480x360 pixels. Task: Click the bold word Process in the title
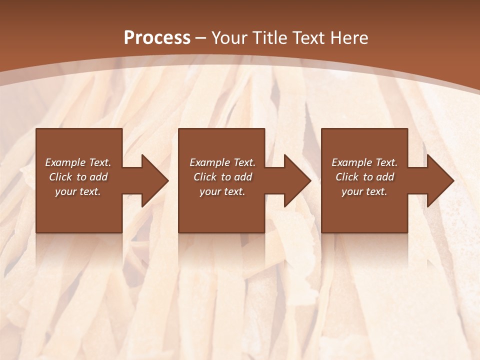[157, 38]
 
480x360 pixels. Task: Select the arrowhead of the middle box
[296, 180]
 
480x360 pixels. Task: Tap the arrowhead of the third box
[439, 180]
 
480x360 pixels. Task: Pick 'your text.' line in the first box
[78, 191]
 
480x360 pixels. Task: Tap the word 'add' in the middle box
[243, 177]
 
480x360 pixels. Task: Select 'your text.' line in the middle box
[222, 191]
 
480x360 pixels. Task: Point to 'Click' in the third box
[347, 177]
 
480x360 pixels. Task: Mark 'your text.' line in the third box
[364, 191]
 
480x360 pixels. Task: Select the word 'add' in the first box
[99, 177]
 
